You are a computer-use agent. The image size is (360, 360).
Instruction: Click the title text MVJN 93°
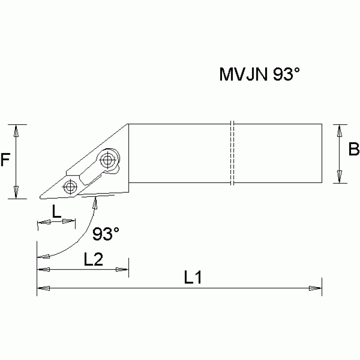coord(259,75)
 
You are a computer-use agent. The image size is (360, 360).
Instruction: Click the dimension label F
coord(5,161)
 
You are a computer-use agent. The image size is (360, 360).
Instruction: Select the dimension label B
coord(354,149)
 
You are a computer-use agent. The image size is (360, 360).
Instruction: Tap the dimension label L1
coord(192,278)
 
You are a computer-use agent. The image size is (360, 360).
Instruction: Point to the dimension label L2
coord(93,259)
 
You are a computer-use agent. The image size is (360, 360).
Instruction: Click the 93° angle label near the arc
coord(106,233)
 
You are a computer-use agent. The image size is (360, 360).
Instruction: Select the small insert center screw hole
coord(70,186)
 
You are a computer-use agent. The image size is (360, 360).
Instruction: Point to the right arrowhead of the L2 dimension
coord(122,269)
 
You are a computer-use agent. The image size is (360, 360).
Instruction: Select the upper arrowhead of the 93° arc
coord(95,202)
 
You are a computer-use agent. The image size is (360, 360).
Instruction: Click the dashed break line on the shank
coord(232,153)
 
